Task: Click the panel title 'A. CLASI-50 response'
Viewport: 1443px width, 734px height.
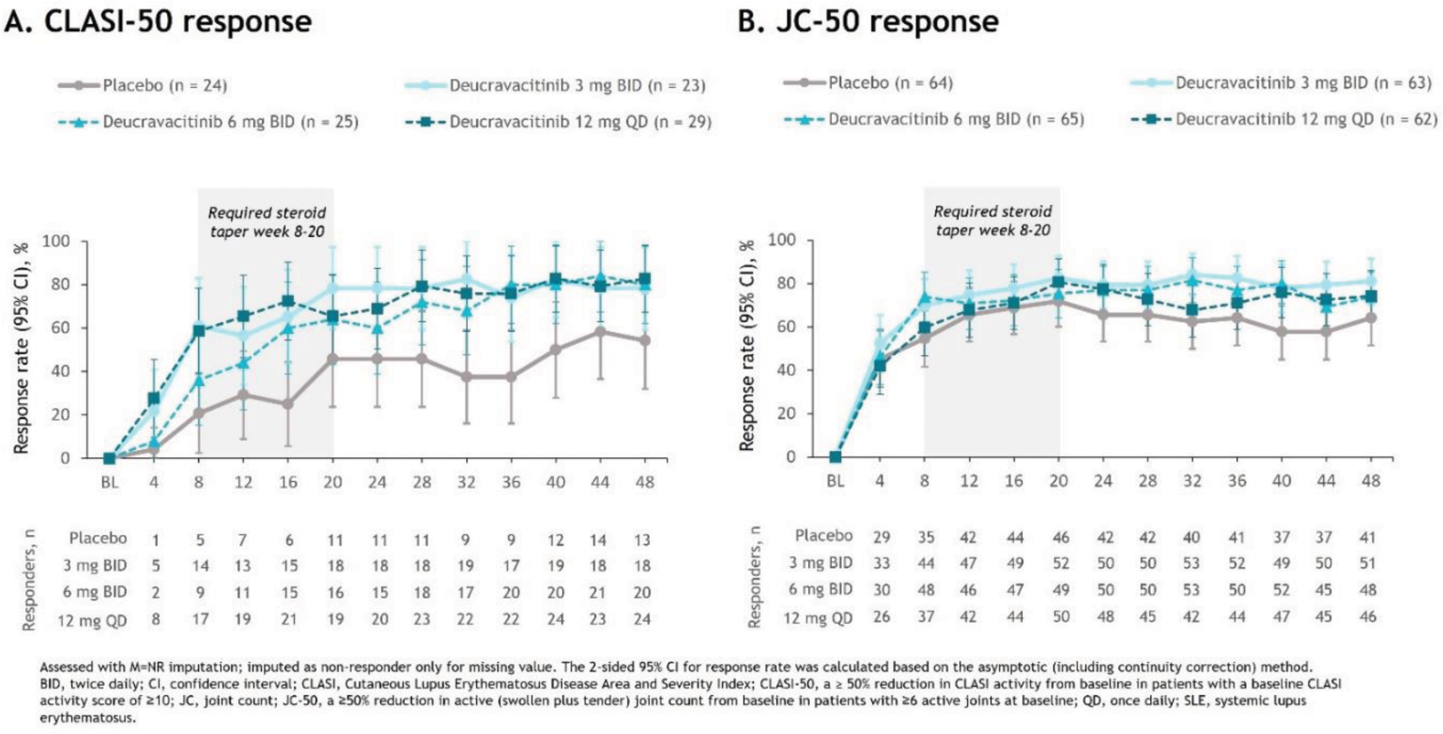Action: coord(158,21)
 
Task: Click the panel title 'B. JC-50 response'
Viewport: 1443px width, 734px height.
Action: coord(868,21)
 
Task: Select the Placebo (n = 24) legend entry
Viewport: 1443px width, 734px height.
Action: coord(142,85)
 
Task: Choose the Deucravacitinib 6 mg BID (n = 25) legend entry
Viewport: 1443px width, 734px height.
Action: coord(209,122)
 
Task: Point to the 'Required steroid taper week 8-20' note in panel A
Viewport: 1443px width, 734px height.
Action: coord(266,222)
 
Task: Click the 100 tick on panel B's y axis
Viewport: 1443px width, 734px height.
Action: coord(782,240)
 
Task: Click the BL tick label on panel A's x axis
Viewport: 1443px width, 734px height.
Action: coord(109,482)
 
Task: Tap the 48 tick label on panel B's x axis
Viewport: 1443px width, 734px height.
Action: coord(1370,480)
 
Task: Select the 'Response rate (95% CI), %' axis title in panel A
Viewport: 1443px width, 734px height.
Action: coord(21,347)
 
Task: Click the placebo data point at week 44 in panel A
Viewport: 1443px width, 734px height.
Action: coord(600,332)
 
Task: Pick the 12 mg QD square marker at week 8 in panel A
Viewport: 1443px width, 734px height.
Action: coord(199,330)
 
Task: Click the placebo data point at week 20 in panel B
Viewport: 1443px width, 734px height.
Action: coord(1058,302)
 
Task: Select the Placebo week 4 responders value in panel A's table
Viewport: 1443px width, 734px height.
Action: coord(155,540)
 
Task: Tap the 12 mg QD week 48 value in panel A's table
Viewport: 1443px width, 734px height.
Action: coord(642,620)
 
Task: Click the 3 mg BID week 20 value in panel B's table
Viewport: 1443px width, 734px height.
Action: coord(1059,563)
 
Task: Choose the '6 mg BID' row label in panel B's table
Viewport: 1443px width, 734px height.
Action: coord(821,588)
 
